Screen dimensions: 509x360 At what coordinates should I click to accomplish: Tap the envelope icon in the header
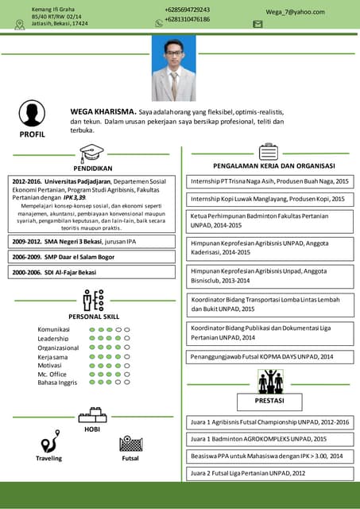point(257,25)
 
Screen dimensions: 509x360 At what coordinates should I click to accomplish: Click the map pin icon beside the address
point(20,24)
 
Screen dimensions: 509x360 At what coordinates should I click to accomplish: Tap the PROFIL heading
point(33,135)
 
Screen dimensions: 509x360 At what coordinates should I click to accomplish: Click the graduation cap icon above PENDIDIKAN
point(92,153)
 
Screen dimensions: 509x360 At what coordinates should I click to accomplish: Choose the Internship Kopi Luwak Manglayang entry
point(268,199)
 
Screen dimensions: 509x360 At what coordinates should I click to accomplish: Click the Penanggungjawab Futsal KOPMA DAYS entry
point(261,357)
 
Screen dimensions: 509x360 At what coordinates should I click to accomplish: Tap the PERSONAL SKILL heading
point(94,316)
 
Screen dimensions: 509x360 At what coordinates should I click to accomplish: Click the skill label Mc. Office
point(52,374)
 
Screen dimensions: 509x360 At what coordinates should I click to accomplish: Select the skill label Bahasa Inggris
point(57,383)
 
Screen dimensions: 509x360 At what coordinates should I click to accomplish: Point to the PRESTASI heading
point(270,400)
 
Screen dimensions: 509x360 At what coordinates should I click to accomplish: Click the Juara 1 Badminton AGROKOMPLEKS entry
point(258,439)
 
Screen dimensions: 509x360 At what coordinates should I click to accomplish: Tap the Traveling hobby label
point(48,458)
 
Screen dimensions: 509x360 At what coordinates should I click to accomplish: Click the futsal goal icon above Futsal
point(130,443)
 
